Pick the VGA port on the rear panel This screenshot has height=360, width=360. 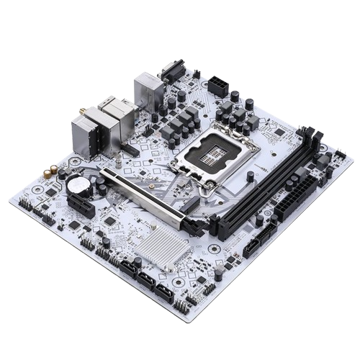171,72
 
